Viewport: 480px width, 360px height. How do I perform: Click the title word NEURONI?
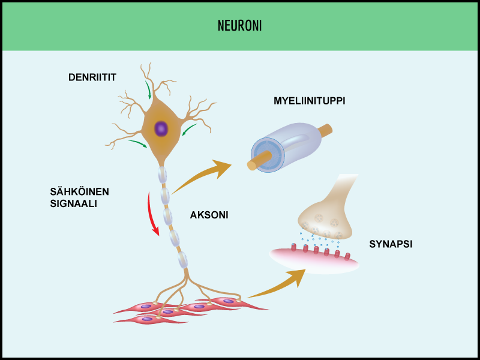pyautogui.click(x=239, y=26)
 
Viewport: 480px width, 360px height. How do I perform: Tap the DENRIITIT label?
pyautogui.click(x=92, y=77)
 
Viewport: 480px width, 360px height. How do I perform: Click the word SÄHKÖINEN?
pyautogui.click(x=80, y=192)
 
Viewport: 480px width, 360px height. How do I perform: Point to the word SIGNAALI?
pyautogui.click(x=74, y=203)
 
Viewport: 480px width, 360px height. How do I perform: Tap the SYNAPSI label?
pyautogui.click(x=391, y=244)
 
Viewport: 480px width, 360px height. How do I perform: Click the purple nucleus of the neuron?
pyautogui.click(x=161, y=128)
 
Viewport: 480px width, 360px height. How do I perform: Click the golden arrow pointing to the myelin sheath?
pyautogui.click(x=204, y=175)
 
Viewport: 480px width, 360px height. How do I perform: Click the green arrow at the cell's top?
pyautogui.click(x=148, y=91)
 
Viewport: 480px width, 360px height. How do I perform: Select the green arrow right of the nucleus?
pyautogui.click(x=189, y=130)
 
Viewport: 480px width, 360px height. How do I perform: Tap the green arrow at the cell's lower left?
pyautogui.click(x=137, y=143)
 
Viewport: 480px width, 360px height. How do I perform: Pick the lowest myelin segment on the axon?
pyautogui.click(x=182, y=259)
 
